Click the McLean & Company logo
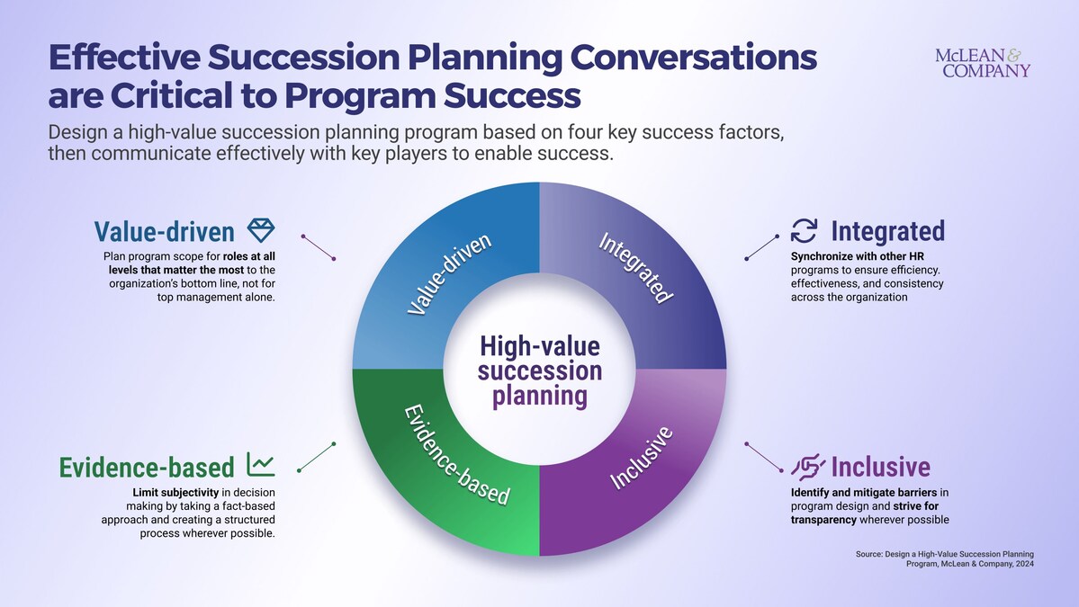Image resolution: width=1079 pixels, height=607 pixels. [x=983, y=63]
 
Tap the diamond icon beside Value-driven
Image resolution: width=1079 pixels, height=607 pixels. [x=261, y=230]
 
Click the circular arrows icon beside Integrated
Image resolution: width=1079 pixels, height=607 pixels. [x=804, y=231]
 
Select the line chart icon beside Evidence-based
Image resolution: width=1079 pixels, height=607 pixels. [x=261, y=466]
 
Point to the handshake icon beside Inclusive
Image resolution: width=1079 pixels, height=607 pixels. [x=807, y=467]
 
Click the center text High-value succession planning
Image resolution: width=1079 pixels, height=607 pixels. [x=540, y=371]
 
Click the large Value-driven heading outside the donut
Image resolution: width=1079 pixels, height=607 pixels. [x=165, y=232]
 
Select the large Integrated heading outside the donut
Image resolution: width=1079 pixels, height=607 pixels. [x=887, y=231]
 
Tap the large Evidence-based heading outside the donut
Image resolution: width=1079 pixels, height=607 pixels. [x=147, y=468]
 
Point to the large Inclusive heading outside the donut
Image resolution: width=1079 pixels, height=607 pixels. [x=881, y=467]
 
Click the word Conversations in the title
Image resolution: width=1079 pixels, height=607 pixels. [x=694, y=57]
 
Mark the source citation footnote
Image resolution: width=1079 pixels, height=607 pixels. [x=945, y=558]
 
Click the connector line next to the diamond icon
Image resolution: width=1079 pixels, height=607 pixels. [x=319, y=247]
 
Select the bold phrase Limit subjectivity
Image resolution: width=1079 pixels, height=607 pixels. [x=175, y=492]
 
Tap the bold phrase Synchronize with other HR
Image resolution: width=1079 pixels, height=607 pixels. [x=858, y=256]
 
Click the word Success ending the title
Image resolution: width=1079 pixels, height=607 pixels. [x=512, y=95]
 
